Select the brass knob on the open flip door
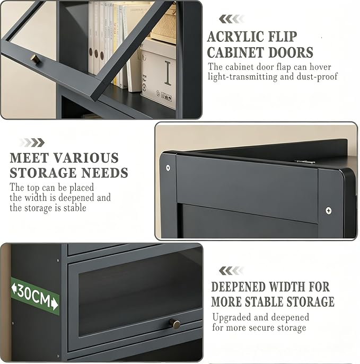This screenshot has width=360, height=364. (x=35, y=59)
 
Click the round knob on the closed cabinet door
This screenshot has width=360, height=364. (x=174, y=324)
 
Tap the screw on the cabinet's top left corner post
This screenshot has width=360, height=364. (x=168, y=167)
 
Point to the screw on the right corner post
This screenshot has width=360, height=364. (x=328, y=210)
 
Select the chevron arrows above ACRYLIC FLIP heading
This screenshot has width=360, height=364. (x=232, y=19)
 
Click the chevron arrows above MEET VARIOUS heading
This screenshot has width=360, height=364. (x=32, y=143)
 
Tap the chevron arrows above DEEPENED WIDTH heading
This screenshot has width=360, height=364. (x=232, y=271)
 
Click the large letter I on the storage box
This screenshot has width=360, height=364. (x=168, y=73)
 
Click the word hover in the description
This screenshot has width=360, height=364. (x=320, y=67)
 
